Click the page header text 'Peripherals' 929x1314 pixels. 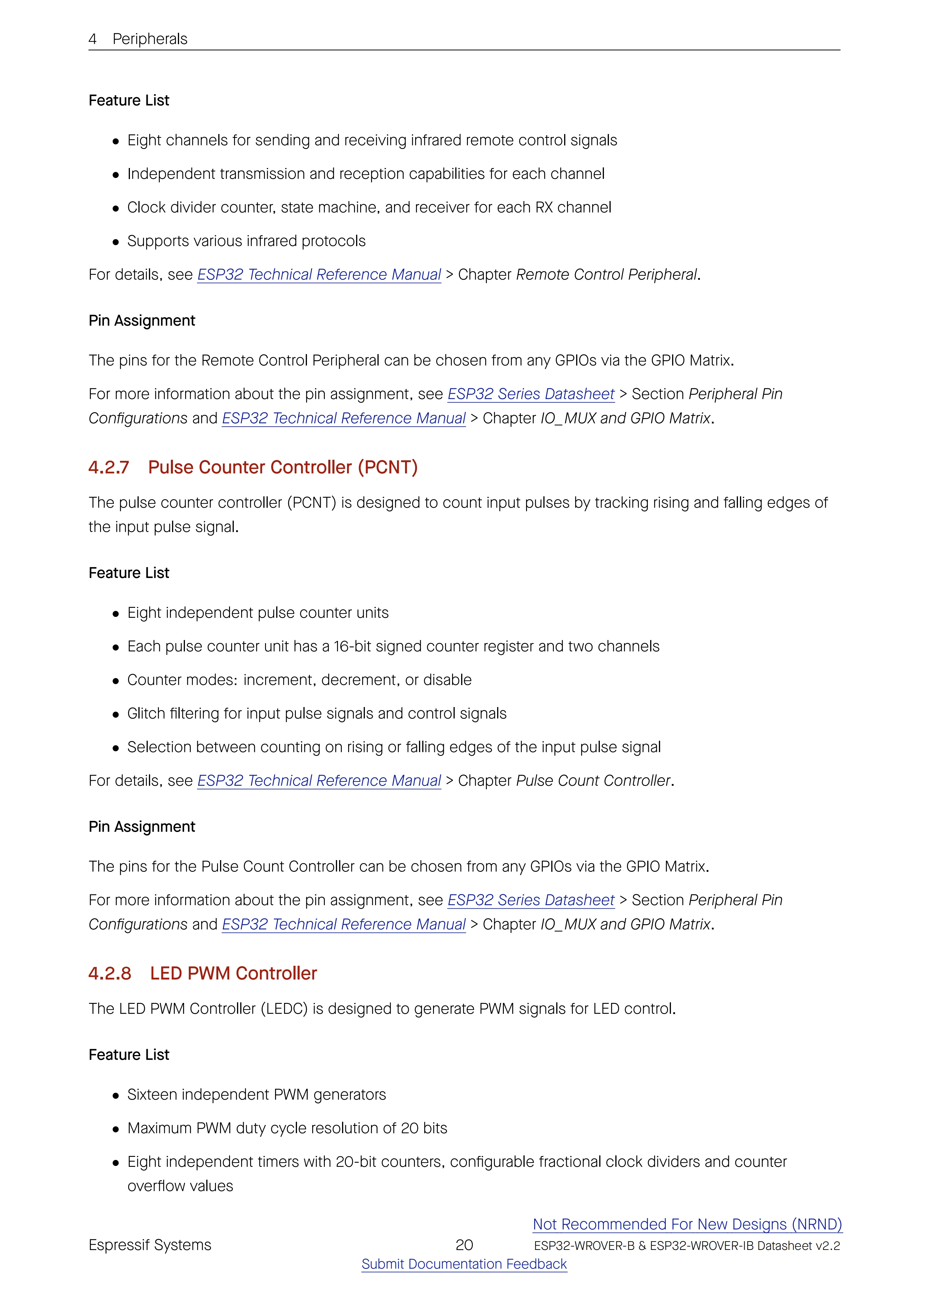pos(150,39)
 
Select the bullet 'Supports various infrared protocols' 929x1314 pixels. pos(246,241)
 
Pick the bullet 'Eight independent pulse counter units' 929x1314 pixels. pos(257,613)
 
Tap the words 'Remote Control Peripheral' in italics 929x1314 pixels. pos(606,275)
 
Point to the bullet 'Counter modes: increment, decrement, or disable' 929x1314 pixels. pos(299,680)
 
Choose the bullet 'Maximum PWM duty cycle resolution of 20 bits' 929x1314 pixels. pos(287,1128)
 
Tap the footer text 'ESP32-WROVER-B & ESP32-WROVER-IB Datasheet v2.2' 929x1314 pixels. pos(686,1246)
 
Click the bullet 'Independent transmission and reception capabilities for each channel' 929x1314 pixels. pos(365,174)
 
